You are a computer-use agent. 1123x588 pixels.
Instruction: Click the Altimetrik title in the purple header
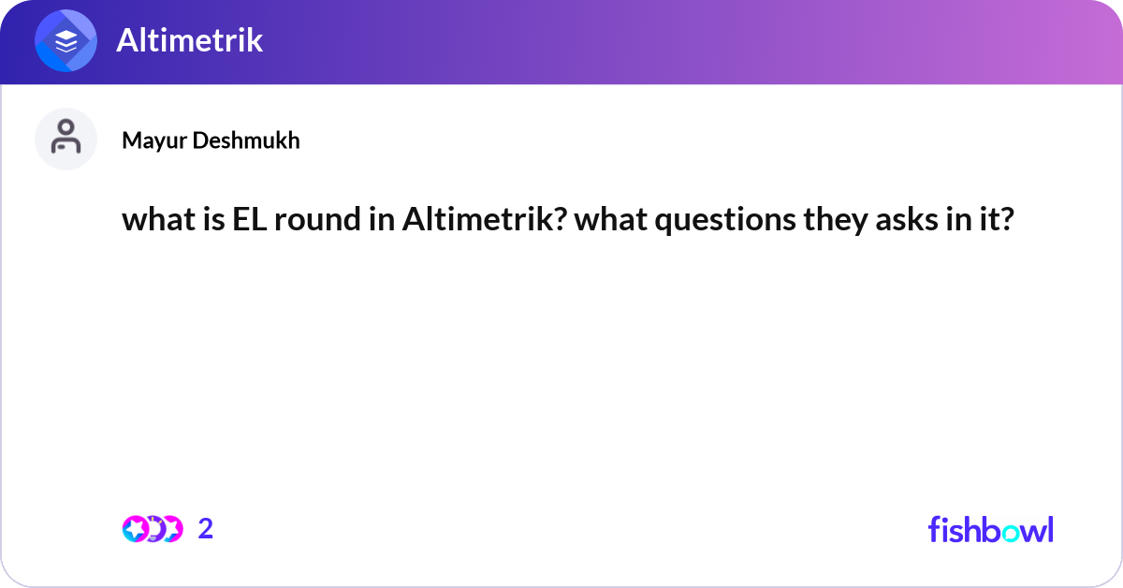(190, 40)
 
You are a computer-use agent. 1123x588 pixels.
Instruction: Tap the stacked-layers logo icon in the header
(66, 41)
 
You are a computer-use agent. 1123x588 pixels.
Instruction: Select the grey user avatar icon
(66, 139)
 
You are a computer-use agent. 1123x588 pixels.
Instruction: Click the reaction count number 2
(206, 529)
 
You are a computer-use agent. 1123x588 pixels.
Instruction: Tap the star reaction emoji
(137, 529)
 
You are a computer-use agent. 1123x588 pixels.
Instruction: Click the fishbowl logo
(990, 529)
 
